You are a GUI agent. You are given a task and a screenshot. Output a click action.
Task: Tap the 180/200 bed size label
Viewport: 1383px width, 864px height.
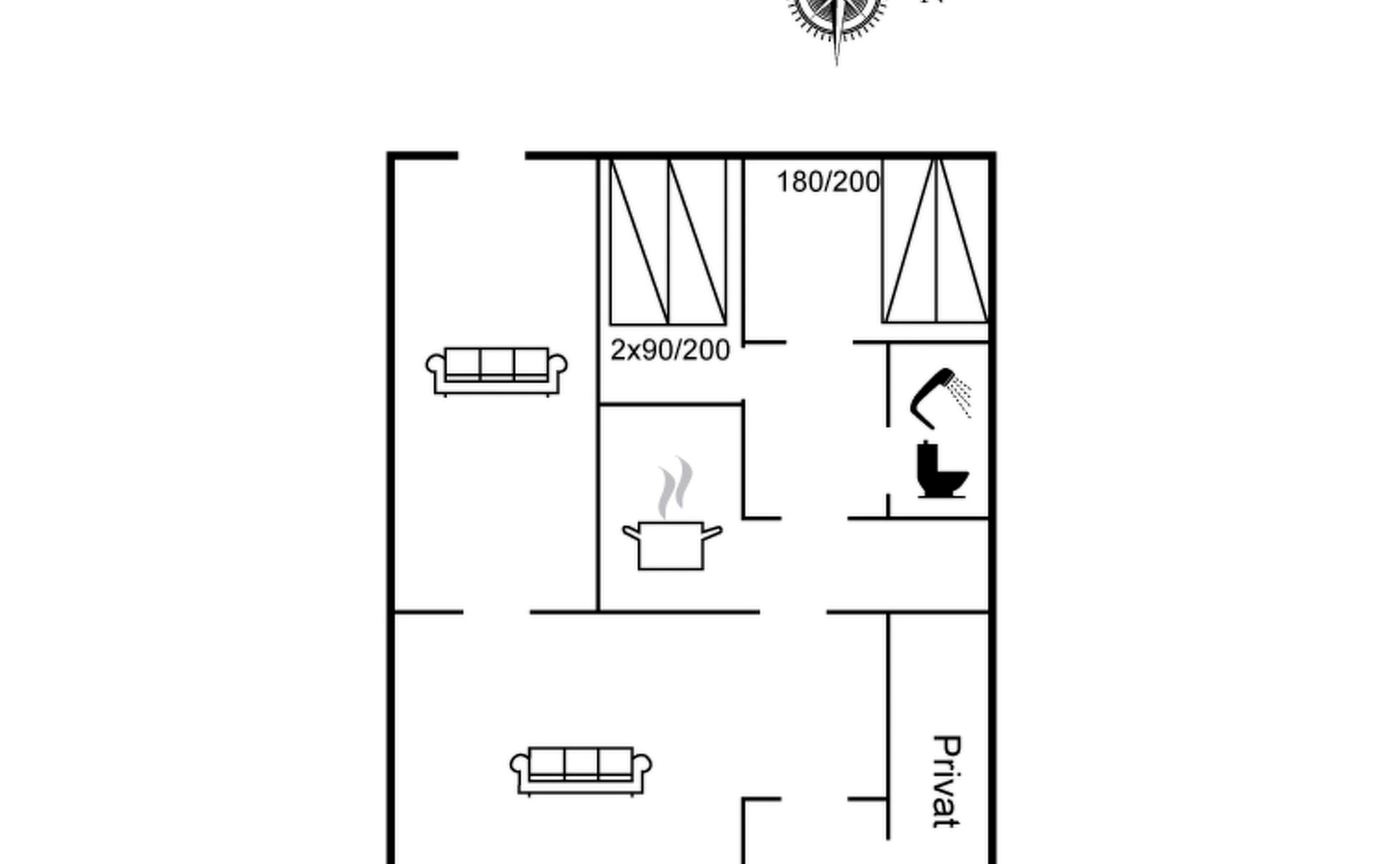828,182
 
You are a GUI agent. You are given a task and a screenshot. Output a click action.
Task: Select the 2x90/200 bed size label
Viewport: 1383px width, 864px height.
670,350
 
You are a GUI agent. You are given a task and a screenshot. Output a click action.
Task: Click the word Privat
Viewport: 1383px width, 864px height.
946,781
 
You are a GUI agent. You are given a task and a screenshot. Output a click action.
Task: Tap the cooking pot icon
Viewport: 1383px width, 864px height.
671,545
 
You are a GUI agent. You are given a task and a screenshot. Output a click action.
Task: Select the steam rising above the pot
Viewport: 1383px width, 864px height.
674,487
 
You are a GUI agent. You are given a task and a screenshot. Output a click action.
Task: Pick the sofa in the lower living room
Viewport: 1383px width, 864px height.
581,771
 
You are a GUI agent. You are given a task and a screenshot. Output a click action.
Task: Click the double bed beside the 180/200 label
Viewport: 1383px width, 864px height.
935,240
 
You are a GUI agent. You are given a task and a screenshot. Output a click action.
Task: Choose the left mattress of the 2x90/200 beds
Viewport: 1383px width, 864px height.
639,242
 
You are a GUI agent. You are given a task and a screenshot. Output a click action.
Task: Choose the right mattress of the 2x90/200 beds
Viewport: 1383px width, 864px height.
697,242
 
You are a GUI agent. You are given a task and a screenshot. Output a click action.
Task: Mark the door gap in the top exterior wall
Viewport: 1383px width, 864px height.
491,156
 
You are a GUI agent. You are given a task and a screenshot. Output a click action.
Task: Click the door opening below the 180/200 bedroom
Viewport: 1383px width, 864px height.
819,342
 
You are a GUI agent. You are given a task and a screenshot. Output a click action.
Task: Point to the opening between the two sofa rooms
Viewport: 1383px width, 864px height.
496,612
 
